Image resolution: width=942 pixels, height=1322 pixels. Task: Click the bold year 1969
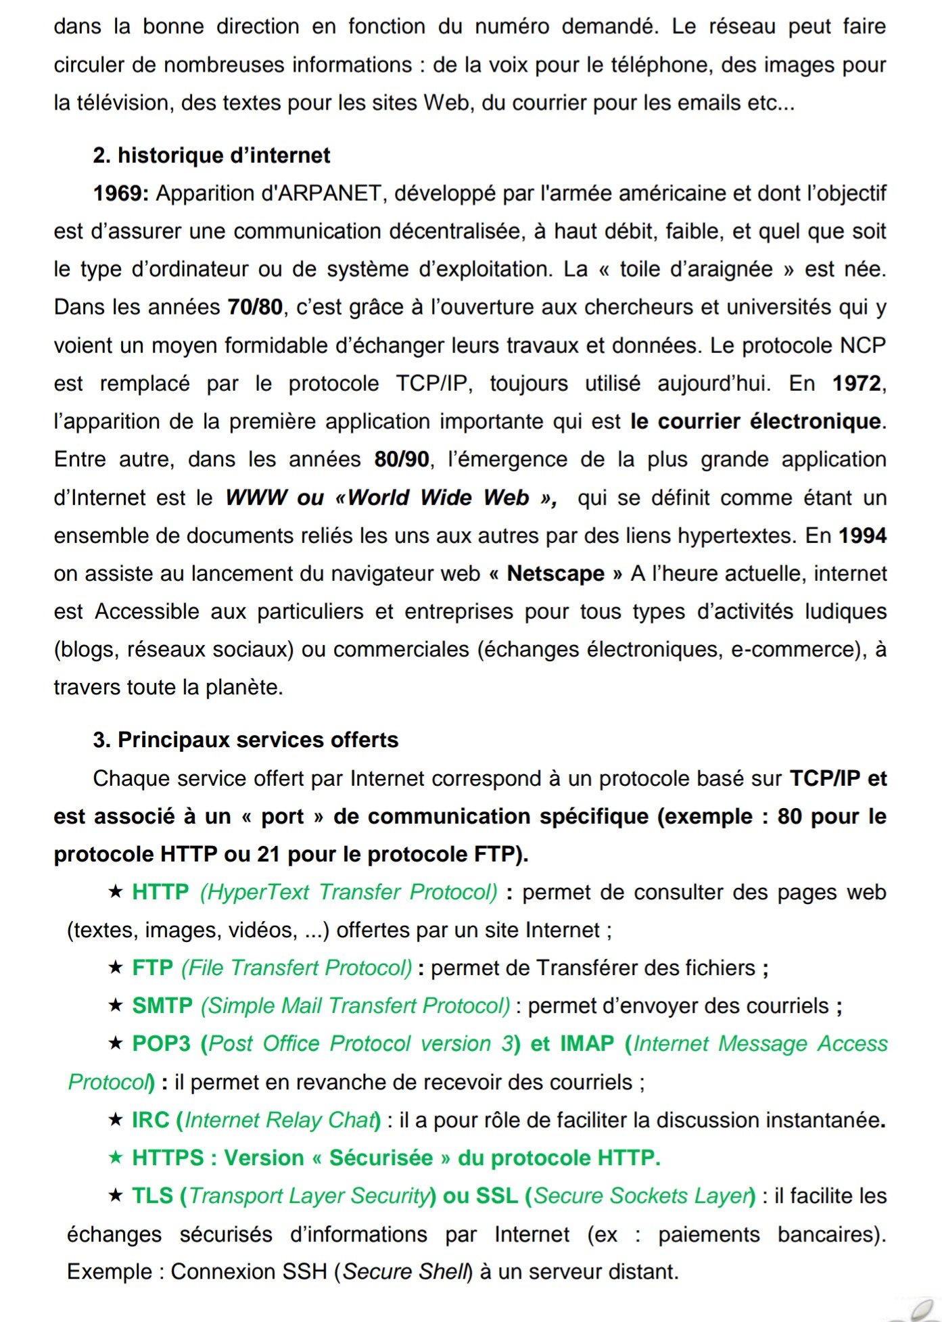[x=120, y=194]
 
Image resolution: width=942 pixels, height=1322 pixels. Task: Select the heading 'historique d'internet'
[x=223, y=156]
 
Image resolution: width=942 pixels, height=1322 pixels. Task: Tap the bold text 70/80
[x=255, y=308]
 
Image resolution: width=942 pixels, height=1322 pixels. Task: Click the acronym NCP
[x=862, y=346]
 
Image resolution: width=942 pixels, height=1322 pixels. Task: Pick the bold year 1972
[x=857, y=383]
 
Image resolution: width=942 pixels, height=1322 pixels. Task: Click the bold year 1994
[x=862, y=536]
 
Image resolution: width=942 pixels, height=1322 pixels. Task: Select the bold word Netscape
[x=555, y=573]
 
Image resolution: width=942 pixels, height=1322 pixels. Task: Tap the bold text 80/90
[x=402, y=460]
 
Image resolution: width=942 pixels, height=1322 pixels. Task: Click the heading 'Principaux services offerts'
[x=258, y=740]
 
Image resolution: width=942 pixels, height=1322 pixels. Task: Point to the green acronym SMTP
[x=162, y=1006]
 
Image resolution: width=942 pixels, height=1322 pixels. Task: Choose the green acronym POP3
[x=162, y=1044]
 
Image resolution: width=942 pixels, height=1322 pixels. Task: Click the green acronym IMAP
[x=587, y=1044]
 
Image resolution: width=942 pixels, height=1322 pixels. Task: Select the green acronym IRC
[x=150, y=1120]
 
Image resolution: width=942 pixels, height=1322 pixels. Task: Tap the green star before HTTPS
[x=116, y=1158]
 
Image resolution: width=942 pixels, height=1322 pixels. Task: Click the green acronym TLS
[x=153, y=1196]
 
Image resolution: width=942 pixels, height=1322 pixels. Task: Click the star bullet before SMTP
[x=116, y=1006]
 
